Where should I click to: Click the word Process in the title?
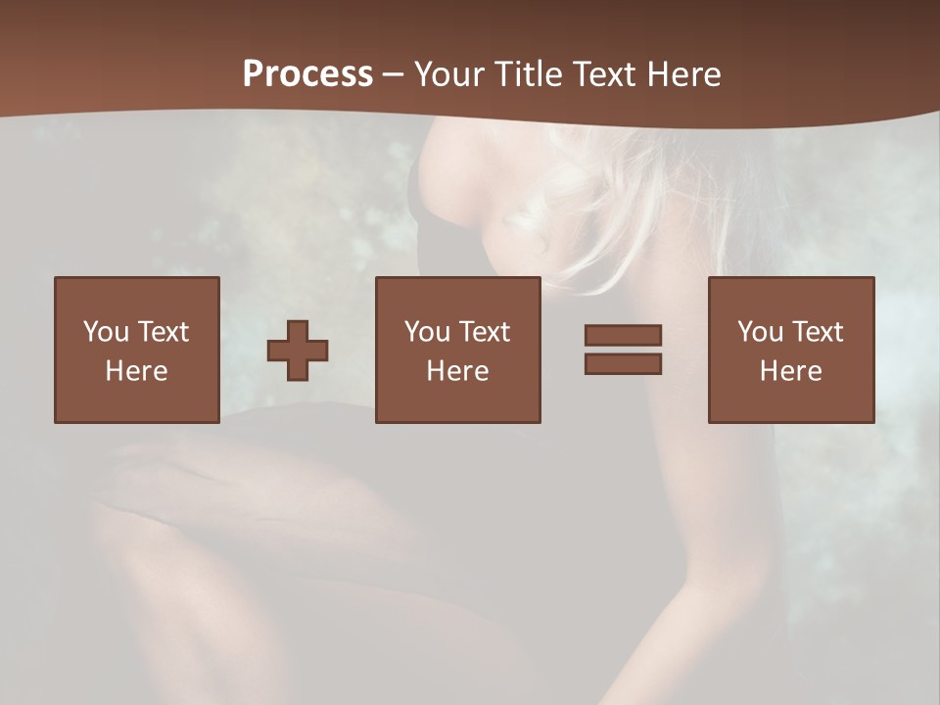pos(307,74)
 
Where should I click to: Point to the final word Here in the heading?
pos(687,74)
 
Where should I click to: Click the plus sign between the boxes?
pos(298,351)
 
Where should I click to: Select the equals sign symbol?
pos(623,350)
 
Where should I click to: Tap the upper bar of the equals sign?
pos(623,336)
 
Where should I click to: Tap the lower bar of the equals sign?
pos(623,363)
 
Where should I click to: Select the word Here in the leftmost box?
pos(136,371)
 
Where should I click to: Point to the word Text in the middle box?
pos(484,332)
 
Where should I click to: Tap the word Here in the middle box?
pos(457,371)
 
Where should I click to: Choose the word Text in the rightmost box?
pos(817,332)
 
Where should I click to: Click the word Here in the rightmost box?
pos(790,371)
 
